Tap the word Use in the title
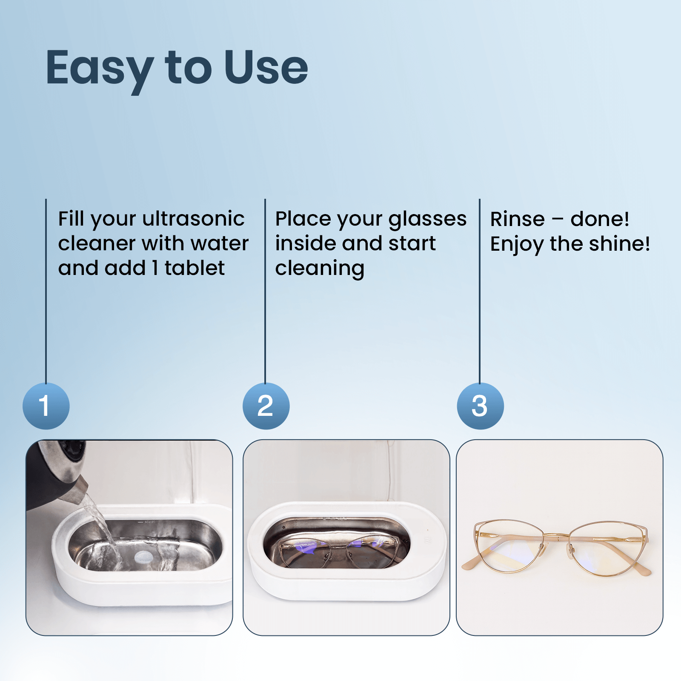coord(266,67)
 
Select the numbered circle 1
coord(46,406)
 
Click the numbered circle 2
coord(266,406)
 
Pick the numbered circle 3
coord(480,406)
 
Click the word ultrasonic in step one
coord(194,219)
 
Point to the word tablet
coord(195,268)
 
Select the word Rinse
coord(517,219)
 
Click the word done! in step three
coord(600,219)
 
